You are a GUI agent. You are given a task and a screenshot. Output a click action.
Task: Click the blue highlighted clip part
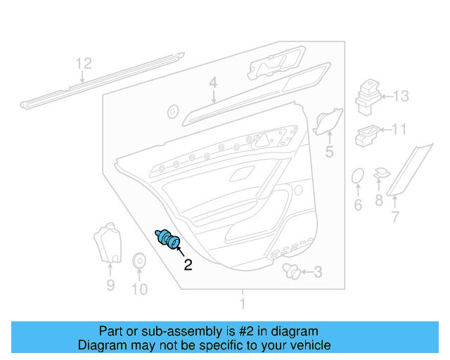[x=168, y=240]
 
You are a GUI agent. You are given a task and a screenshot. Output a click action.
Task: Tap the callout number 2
[x=188, y=265]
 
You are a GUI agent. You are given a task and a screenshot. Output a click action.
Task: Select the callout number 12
[x=84, y=64]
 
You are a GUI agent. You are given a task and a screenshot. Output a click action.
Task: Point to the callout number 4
[x=212, y=84]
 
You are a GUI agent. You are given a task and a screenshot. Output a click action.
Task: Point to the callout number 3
[x=318, y=272]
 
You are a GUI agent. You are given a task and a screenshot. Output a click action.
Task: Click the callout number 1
[x=243, y=304]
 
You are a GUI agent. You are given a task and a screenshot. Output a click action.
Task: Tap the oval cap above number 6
[x=357, y=176]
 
